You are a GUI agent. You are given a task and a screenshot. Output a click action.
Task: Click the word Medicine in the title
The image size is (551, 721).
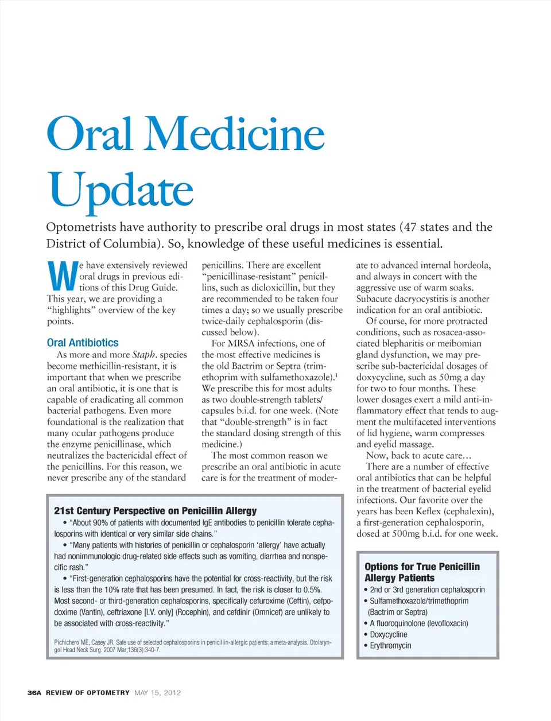coord(236,134)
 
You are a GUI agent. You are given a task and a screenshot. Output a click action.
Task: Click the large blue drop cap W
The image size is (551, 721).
coord(61,276)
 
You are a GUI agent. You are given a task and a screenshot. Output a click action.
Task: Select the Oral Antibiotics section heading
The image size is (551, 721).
coord(83,343)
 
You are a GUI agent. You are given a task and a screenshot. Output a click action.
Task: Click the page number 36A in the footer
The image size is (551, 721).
coord(34,693)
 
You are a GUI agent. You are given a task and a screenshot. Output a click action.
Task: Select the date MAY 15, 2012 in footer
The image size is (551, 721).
coord(158,693)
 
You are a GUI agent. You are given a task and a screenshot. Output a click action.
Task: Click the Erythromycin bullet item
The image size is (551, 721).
coord(390,646)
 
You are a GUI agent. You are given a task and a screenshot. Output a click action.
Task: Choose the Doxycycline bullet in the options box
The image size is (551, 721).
coord(389,634)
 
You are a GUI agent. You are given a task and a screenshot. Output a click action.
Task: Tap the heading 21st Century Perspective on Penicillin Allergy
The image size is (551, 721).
coord(156,511)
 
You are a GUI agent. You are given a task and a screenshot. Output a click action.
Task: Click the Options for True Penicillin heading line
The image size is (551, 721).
coord(422,567)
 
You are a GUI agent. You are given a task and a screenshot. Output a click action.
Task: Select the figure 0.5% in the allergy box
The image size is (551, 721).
coord(312,590)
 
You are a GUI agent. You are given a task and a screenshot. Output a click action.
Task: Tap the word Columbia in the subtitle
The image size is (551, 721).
coord(129,243)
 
